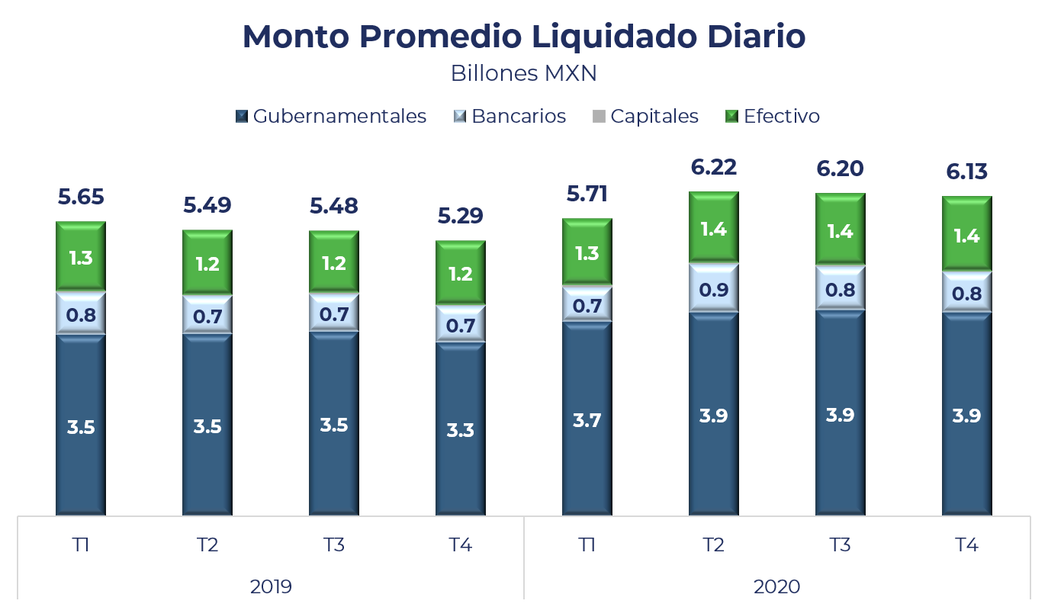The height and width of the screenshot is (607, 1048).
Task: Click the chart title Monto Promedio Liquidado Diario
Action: [x=523, y=37]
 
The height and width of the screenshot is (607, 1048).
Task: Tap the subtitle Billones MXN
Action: [x=523, y=73]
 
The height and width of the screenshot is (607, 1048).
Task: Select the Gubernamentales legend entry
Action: [x=331, y=116]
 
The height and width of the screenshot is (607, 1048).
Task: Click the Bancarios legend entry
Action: [x=510, y=116]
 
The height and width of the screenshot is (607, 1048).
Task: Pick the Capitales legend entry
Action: [x=646, y=116]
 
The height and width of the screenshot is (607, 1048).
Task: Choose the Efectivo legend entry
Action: [x=773, y=116]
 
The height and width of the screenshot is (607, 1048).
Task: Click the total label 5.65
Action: [x=80, y=198]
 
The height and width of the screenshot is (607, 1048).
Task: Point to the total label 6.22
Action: [x=714, y=167]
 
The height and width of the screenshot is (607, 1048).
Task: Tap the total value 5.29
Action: [x=460, y=217]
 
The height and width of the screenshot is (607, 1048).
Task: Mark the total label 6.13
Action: [x=966, y=172]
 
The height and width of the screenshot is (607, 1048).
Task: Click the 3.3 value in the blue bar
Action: [x=460, y=430]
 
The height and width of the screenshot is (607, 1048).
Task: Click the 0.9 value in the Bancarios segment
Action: [x=714, y=290]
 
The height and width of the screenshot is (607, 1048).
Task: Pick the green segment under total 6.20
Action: [x=840, y=231]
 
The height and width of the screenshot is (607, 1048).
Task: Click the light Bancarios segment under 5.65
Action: [x=80, y=313]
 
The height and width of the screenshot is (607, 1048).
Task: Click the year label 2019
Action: [x=271, y=586]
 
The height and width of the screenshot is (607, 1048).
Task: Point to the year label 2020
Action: [x=776, y=586]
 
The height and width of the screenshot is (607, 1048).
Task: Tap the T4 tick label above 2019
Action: [x=460, y=544]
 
